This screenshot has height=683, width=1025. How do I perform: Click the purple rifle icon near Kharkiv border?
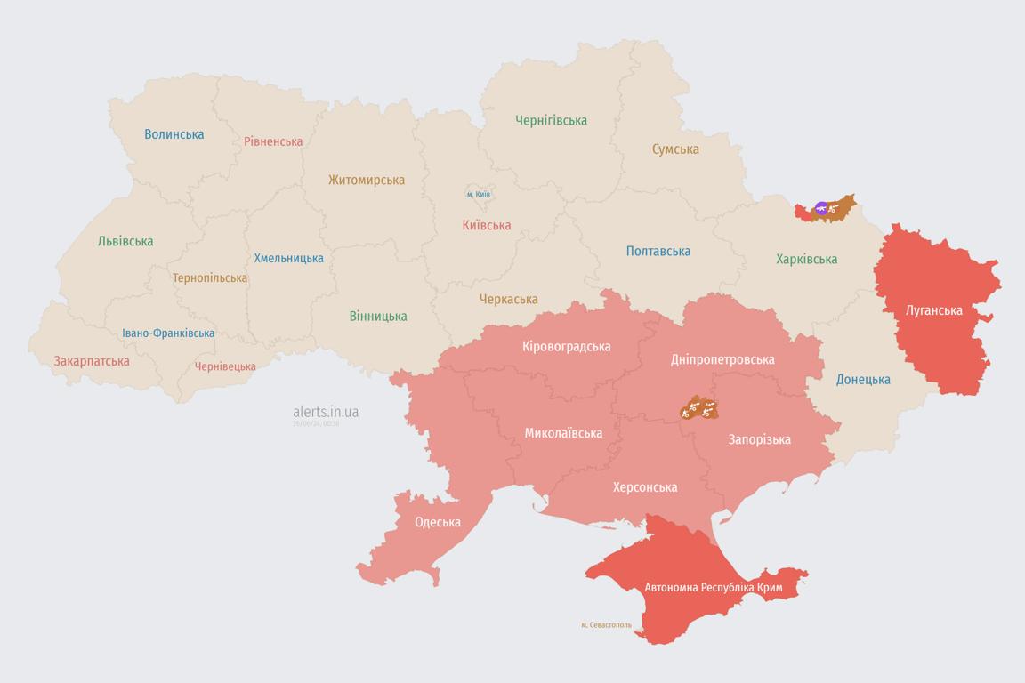pos(821,209)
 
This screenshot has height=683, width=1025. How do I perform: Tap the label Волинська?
pos(174,134)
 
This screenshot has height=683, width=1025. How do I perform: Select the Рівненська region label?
pos(273,141)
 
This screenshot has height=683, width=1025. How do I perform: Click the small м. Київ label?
pos(479,194)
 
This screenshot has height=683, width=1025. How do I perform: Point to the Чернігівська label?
pos(551,120)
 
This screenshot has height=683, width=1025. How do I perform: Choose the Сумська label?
pos(675,149)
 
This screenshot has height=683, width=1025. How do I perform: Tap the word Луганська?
pos(934,310)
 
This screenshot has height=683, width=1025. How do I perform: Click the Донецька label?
pos(863,380)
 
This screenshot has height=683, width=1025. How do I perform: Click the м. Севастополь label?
pos(606,625)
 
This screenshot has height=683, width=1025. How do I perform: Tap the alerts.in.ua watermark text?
pos(326,412)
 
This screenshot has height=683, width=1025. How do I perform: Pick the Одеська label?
pos(438,522)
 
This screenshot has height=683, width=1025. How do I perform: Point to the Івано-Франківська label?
pos(168,333)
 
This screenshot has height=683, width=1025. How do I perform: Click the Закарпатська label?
pos(92,361)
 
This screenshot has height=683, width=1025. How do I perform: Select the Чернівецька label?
pos(225,366)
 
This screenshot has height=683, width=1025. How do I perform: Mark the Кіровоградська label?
pos(567,346)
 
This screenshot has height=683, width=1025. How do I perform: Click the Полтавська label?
pos(658,252)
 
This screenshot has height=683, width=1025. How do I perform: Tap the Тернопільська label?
pos(210,277)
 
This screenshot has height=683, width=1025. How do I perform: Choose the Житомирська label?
pos(367,180)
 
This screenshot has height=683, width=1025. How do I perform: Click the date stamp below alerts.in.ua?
pos(316,424)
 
